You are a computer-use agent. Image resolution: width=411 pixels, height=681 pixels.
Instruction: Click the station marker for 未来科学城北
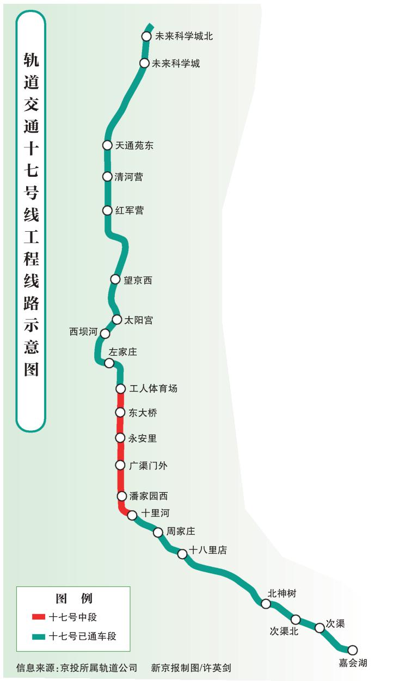coord(146,36)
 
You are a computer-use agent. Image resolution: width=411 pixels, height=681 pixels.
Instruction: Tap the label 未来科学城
coord(176,64)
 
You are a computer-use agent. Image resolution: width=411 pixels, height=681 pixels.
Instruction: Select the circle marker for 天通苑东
coord(107,145)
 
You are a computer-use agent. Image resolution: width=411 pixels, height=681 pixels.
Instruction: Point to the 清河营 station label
coord(129,177)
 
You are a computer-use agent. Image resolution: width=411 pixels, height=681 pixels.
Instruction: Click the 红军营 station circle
coord(107,211)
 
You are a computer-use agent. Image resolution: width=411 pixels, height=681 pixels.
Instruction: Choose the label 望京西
coord(138,280)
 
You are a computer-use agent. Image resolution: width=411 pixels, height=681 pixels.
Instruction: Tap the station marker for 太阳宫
coord(117,320)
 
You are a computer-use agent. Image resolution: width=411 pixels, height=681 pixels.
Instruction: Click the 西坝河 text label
coord(83,332)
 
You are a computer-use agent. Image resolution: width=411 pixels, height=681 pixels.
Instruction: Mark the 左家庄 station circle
coord(109,363)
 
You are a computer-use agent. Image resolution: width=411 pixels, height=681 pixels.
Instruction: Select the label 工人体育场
coord(154,388)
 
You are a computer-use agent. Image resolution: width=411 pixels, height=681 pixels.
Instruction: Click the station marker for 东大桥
coord(120,413)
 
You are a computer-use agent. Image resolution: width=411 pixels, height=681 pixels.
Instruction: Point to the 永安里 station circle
coord(120,438)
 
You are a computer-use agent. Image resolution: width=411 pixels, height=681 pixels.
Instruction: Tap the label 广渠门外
coord(148,465)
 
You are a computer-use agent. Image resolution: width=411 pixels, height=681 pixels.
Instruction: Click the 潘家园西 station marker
coord(122,496)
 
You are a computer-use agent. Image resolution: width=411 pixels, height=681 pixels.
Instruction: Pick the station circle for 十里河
coord(132,516)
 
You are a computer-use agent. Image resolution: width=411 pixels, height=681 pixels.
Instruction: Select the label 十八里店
coord(208,550)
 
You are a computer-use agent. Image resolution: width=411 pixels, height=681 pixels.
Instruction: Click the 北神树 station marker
coord(266,604)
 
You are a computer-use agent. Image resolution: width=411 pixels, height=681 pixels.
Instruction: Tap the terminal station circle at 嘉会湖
coord(353,650)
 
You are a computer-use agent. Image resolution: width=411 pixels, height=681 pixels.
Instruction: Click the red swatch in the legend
coord(39,617)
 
